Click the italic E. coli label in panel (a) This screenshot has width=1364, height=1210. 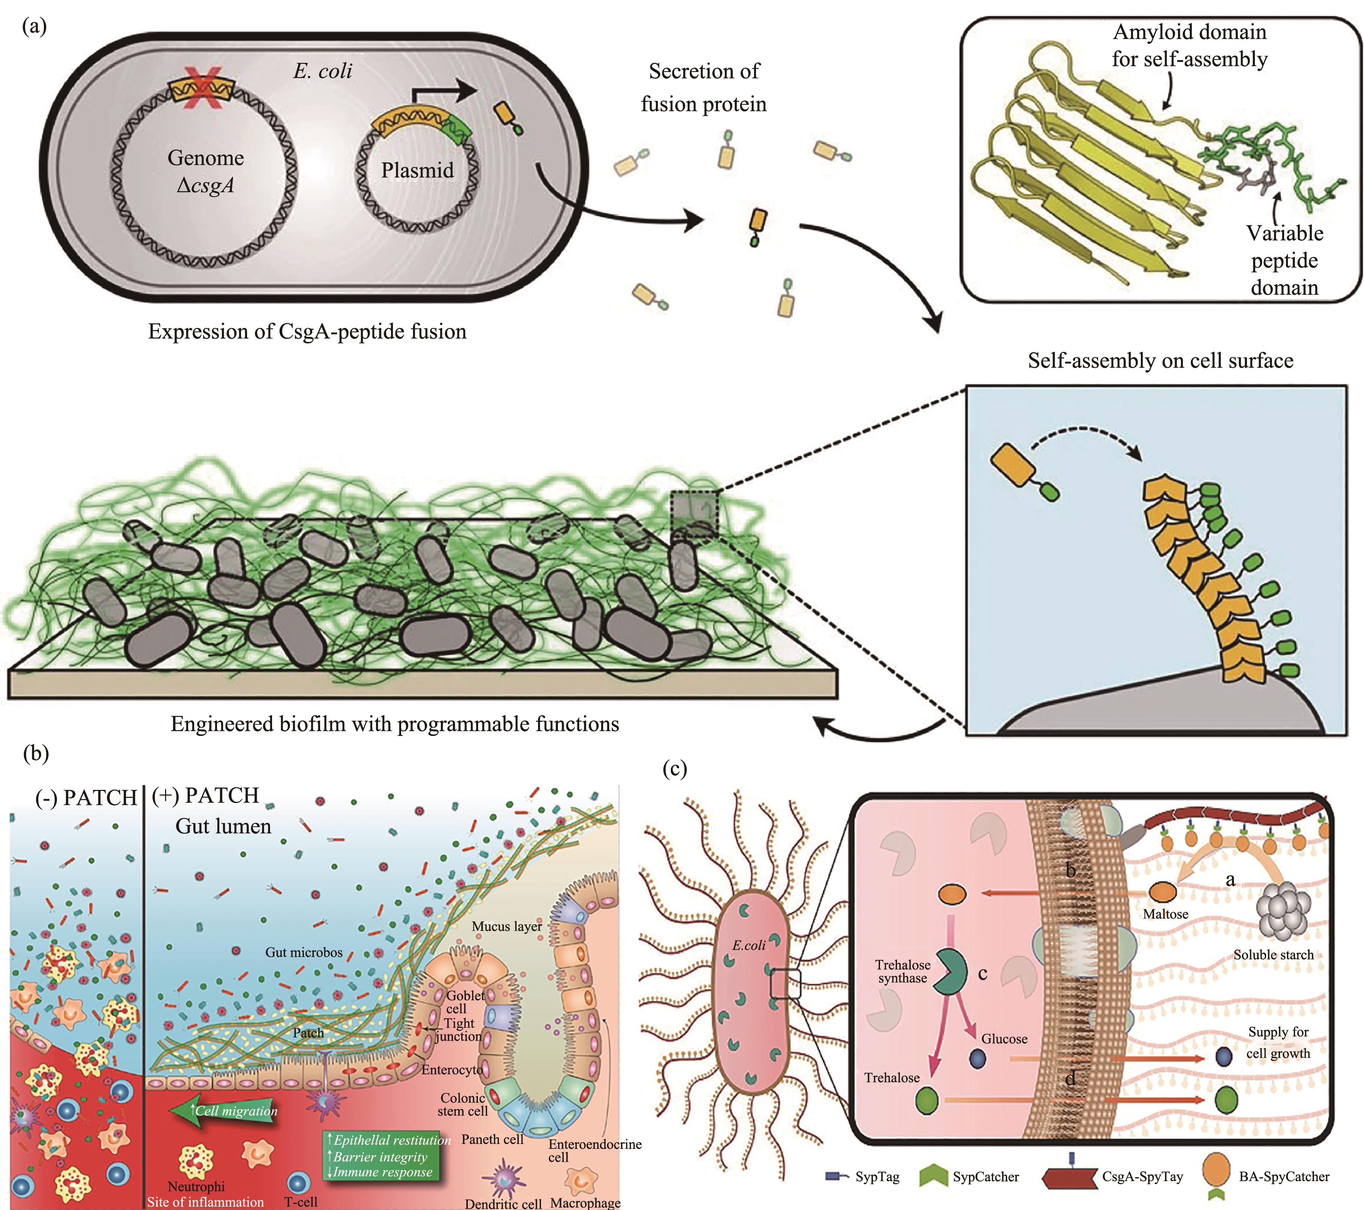(x=322, y=71)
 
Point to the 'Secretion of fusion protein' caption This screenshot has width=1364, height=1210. (x=704, y=87)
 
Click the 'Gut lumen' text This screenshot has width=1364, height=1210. (x=223, y=826)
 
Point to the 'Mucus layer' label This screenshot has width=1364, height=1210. (x=506, y=926)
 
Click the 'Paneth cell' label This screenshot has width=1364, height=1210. (x=492, y=1139)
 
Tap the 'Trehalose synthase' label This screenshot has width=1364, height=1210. (x=903, y=972)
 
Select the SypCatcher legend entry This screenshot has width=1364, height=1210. (x=985, y=1177)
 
